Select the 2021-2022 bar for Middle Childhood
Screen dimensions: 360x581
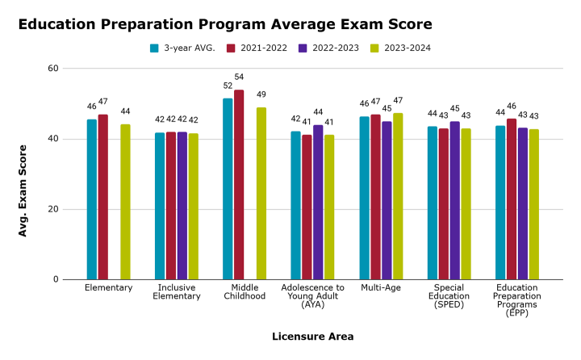[x=239, y=185]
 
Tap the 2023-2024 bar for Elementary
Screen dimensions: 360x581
[x=125, y=202]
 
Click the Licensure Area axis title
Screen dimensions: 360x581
[x=312, y=336]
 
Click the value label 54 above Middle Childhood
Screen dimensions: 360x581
[x=239, y=77]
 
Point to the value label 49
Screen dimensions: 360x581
[x=261, y=94]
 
